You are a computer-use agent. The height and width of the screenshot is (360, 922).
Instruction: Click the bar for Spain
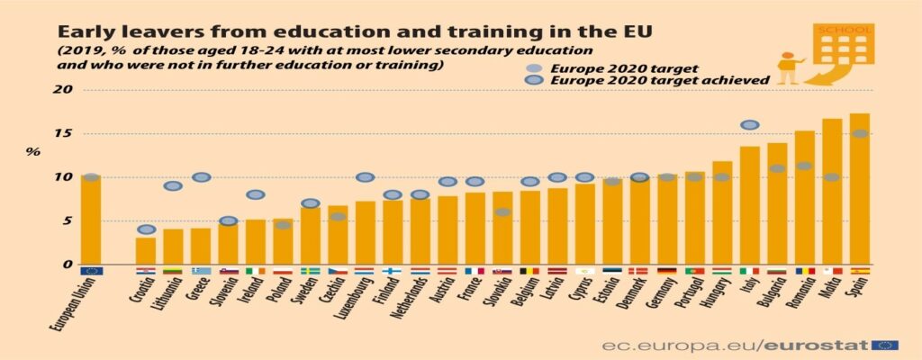(x=859, y=189)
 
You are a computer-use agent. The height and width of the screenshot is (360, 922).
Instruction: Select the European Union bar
(x=91, y=220)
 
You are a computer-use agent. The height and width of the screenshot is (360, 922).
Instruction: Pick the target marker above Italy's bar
(x=749, y=125)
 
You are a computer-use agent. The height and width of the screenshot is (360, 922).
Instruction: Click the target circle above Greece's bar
(x=201, y=177)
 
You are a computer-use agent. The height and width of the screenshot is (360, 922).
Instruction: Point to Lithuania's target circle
(x=173, y=186)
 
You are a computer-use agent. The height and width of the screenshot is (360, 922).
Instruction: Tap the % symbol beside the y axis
(x=32, y=151)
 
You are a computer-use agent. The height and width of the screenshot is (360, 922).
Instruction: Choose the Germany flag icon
(x=667, y=271)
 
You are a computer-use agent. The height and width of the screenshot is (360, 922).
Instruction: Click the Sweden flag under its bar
(x=310, y=271)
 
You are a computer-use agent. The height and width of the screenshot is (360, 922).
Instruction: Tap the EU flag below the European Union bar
(x=91, y=271)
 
